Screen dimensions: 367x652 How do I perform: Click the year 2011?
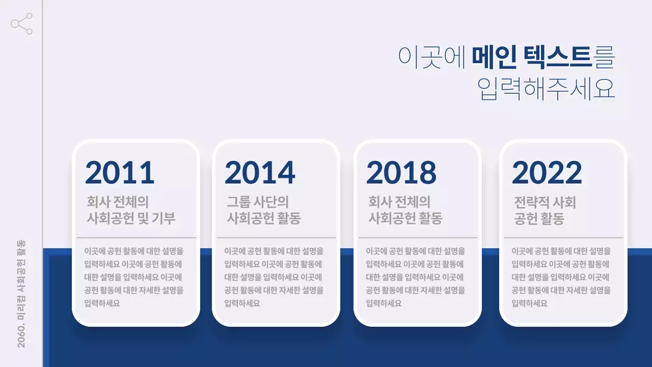120,173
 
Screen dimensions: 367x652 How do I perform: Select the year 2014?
260,173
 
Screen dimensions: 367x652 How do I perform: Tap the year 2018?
401,173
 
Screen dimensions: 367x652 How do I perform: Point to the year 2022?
547,173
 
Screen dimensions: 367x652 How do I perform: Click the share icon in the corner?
22,24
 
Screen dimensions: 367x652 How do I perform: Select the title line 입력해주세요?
546,89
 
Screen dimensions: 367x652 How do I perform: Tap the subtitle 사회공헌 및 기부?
131,219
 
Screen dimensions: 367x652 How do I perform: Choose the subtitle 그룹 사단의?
258,202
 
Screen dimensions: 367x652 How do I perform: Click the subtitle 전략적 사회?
545,202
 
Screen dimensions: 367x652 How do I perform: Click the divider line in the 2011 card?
136,238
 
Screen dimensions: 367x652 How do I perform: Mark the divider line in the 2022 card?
563,238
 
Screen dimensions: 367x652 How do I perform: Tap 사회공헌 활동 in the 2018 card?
405,219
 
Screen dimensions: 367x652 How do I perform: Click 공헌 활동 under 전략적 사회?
539,219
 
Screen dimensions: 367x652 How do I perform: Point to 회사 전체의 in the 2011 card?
118,202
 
